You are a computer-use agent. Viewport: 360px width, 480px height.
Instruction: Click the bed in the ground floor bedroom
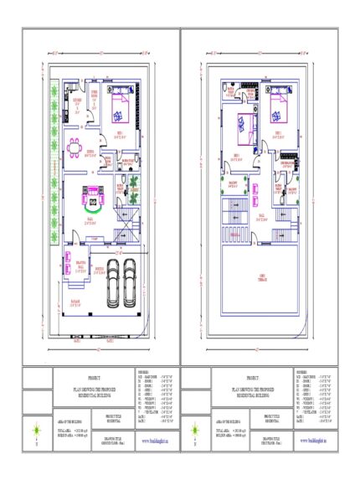119,109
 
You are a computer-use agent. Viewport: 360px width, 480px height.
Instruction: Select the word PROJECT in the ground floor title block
91,379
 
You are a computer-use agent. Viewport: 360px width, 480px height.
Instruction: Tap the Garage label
75,304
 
